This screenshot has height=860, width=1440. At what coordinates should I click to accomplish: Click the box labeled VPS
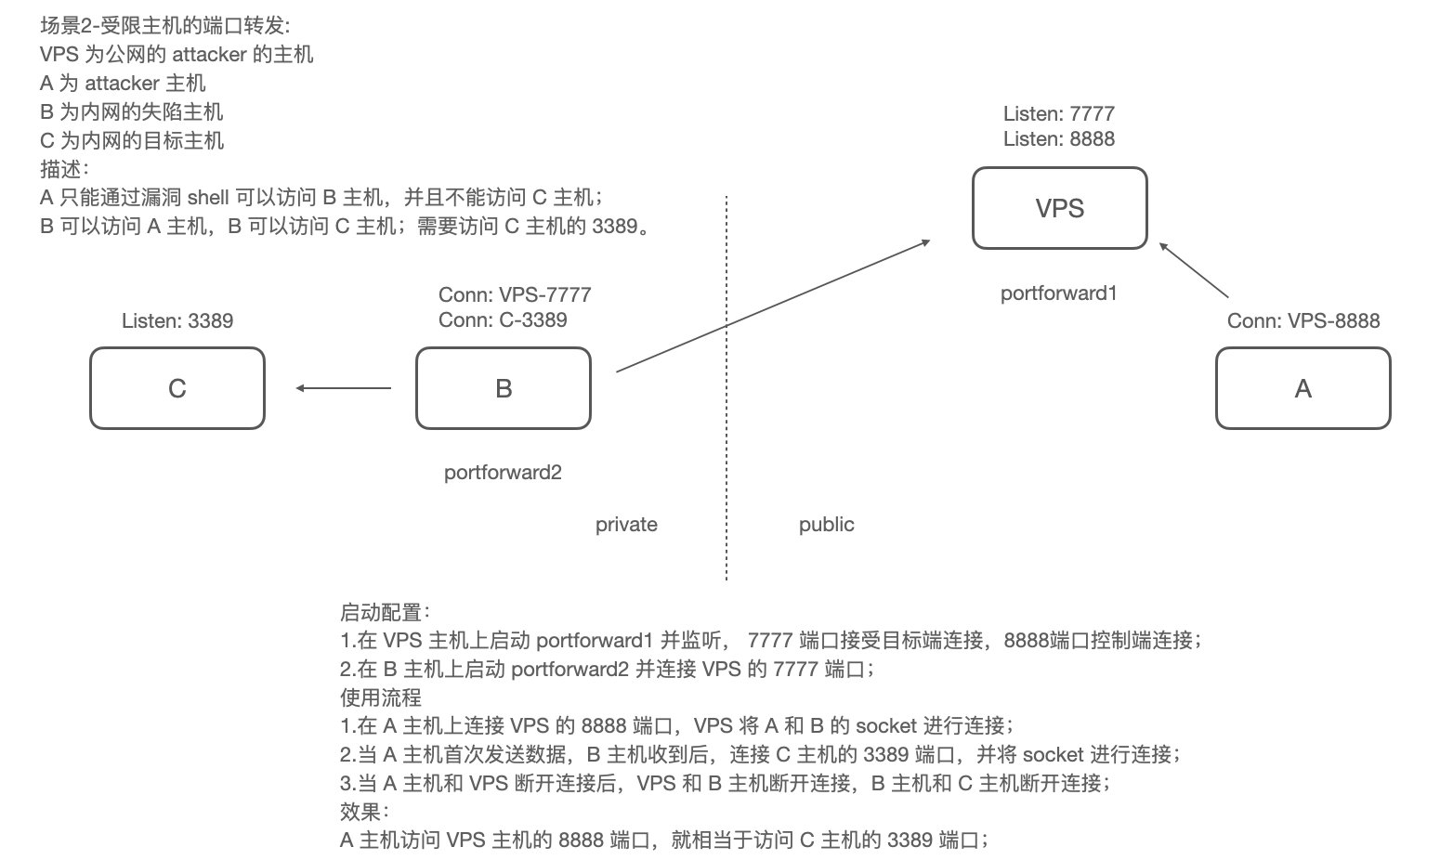pos(1059,208)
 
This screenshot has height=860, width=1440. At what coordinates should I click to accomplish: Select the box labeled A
pos(1303,388)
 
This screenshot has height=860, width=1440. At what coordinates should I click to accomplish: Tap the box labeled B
pos(503,388)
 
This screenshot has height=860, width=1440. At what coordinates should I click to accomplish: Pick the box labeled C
pos(177,388)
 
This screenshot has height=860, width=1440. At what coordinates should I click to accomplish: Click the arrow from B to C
pos(344,388)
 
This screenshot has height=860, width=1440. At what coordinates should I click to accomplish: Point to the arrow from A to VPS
pos(1194,270)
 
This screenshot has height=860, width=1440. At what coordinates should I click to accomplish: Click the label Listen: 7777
pos(1058,114)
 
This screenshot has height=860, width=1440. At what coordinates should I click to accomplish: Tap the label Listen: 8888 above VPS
pos(1058,139)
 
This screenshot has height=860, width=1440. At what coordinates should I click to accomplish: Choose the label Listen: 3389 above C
pos(177,321)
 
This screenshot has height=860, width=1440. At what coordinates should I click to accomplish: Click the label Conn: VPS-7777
pos(515,295)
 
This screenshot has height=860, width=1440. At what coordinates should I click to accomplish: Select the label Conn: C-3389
pos(503,320)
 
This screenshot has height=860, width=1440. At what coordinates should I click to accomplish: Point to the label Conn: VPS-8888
pos(1303,321)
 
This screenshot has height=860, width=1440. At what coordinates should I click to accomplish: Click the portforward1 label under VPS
pos(1058,293)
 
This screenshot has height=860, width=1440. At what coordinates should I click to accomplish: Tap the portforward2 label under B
pos(503,473)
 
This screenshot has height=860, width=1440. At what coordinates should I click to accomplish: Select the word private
pos(626,525)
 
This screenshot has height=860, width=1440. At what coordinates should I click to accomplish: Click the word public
pos(826,525)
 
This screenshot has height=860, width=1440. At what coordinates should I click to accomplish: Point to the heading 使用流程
pos(381,697)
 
